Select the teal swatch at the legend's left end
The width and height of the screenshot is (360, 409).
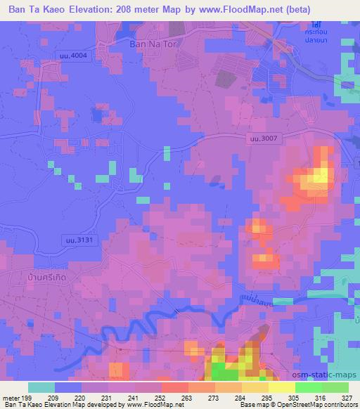tap(41, 387)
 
